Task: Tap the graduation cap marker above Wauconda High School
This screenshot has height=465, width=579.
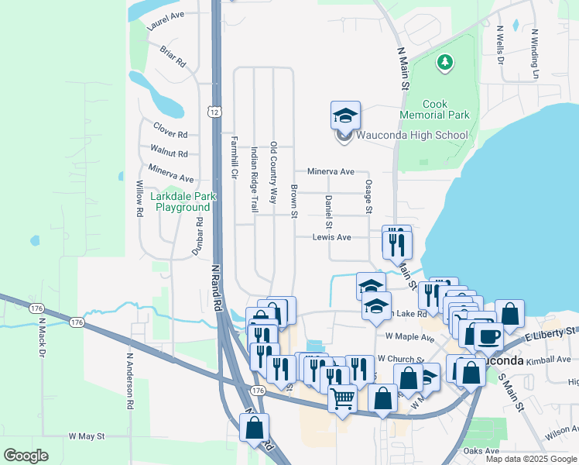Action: point(345,116)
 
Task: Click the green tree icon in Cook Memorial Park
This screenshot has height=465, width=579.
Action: point(445,62)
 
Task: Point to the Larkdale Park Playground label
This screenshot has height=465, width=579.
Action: point(182,201)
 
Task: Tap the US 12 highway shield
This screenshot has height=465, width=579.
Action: point(214,112)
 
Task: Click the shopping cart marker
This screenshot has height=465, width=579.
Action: point(342,399)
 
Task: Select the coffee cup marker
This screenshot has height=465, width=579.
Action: point(488,336)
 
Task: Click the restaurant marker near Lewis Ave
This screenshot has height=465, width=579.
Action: point(397,243)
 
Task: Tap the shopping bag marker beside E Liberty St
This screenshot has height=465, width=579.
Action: point(509,315)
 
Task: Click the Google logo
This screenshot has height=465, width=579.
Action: point(26,456)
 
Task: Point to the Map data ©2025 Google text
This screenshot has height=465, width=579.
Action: point(532,459)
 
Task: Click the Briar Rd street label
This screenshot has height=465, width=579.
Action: point(173,56)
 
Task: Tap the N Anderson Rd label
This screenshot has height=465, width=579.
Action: point(130,382)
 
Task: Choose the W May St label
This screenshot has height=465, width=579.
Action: point(87,437)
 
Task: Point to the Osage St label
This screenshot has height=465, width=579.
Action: point(368,197)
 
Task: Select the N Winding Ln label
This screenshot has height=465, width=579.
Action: point(534,54)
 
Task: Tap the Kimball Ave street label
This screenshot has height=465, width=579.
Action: point(548,360)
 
